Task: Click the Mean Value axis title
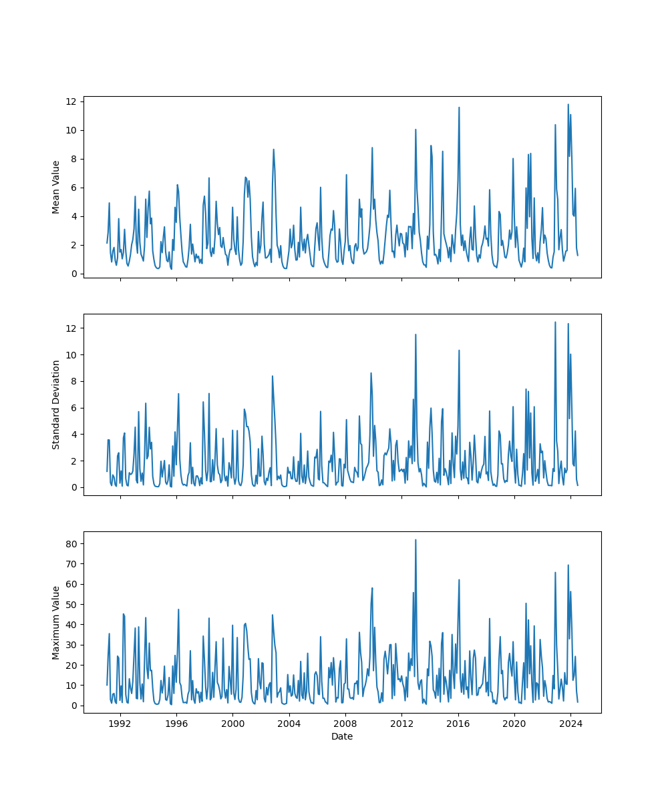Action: click(x=56, y=187)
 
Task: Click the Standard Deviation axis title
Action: click(x=56, y=405)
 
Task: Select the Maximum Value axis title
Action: click(x=56, y=622)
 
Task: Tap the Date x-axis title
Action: click(x=342, y=736)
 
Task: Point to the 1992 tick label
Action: click(x=120, y=724)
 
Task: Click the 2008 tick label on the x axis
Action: click(x=345, y=724)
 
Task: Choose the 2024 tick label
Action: click(x=570, y=724)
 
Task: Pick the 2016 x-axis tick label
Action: click(x=458, y=724)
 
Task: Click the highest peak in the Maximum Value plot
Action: click(x=415, y=540)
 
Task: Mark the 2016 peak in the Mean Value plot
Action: click(x=459, y=107)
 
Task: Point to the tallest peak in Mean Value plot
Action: click(x=568, y=104)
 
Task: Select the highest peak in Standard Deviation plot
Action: click(x=555, y=322)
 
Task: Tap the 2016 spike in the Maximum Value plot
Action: click(x=459, y=579)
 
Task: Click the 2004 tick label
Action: click(x=289, y=724)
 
